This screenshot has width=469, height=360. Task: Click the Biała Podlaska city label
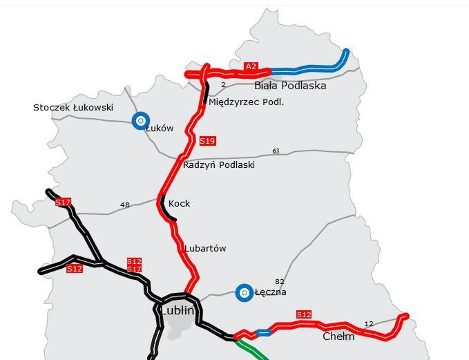pos(290,86)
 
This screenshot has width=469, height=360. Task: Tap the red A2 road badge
pos(251,66)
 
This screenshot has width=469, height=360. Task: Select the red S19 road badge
pos(207,141)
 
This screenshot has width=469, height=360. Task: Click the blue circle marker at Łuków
pos(141,121)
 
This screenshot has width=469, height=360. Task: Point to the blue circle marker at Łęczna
pos(243,293)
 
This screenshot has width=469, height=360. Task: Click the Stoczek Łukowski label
pos(73,108)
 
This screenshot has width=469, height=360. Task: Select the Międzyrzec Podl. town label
pos(247,102)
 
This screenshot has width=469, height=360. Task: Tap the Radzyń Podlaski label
pos(219,165)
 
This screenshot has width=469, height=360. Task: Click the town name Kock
pos(179,204)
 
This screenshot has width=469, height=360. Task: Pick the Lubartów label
pos(205,248)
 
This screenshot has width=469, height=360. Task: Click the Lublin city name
pos(178,311)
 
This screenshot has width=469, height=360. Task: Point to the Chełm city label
pos(338,337)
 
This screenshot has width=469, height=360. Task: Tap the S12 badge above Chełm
pos(304,315)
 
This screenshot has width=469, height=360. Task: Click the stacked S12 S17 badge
pos(134,265)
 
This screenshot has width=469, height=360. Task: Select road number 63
pos(276,151)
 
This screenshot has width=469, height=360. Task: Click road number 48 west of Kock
pos(125,205)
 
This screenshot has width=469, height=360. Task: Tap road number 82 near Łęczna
pos(280,281)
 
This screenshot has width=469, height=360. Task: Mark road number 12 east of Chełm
pos(368,323)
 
